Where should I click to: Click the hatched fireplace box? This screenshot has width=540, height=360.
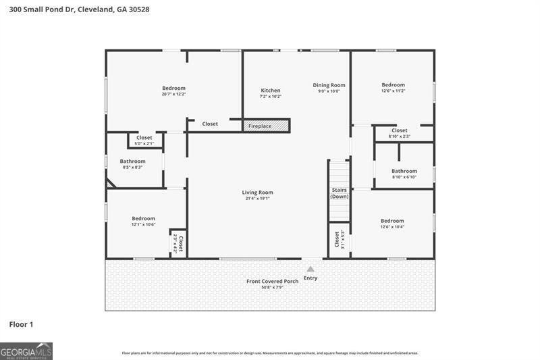click(x=267, y=126)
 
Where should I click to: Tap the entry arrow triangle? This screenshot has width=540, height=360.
click(x=310, y=269)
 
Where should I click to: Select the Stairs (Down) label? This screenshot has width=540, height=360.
click(x=340, y=193)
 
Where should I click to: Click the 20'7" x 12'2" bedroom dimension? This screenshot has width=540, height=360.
click(x=173, y=95)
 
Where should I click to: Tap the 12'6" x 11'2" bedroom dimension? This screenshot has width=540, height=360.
click(x=393, y=91)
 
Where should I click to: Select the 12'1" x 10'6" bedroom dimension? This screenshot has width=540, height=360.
click(x=143, y=224)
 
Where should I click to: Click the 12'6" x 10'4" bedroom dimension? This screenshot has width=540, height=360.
click(x=392, y=227)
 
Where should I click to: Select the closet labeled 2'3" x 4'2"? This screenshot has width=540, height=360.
click(x=178, y=243)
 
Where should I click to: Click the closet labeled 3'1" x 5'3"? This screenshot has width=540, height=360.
click(x=340, y=240)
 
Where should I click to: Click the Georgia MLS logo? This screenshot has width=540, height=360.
click(x=26, y=351)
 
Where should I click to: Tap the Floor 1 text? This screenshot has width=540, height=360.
click(x=21, y=325)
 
